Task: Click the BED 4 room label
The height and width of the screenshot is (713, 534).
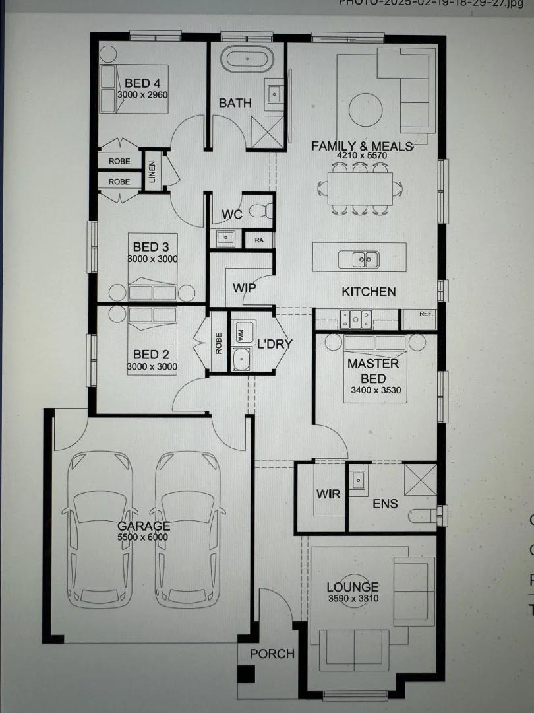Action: pos(142,83)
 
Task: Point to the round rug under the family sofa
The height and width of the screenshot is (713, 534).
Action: pos(362,107)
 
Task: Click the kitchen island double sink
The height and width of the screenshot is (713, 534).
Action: pos(359,259)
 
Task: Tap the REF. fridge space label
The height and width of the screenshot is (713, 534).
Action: pos(427,314)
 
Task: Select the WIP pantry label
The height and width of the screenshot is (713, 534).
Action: pos(244,289)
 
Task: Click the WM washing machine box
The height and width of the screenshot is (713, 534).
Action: pos(239,335)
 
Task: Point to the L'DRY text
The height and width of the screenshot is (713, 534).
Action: pos(274,344)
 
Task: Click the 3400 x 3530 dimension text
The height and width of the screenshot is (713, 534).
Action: pos(376,390)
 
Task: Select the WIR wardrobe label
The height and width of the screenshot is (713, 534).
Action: pos(328,494)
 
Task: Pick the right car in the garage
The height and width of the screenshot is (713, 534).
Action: pos(187,528)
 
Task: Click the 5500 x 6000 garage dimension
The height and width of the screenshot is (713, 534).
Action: pos(143,537)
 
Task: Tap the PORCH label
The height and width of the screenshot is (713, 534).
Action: pos(272,654)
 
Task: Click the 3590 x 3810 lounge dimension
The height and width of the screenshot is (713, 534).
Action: pos(353,599)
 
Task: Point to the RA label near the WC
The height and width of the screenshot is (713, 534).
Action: pos(259,240)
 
